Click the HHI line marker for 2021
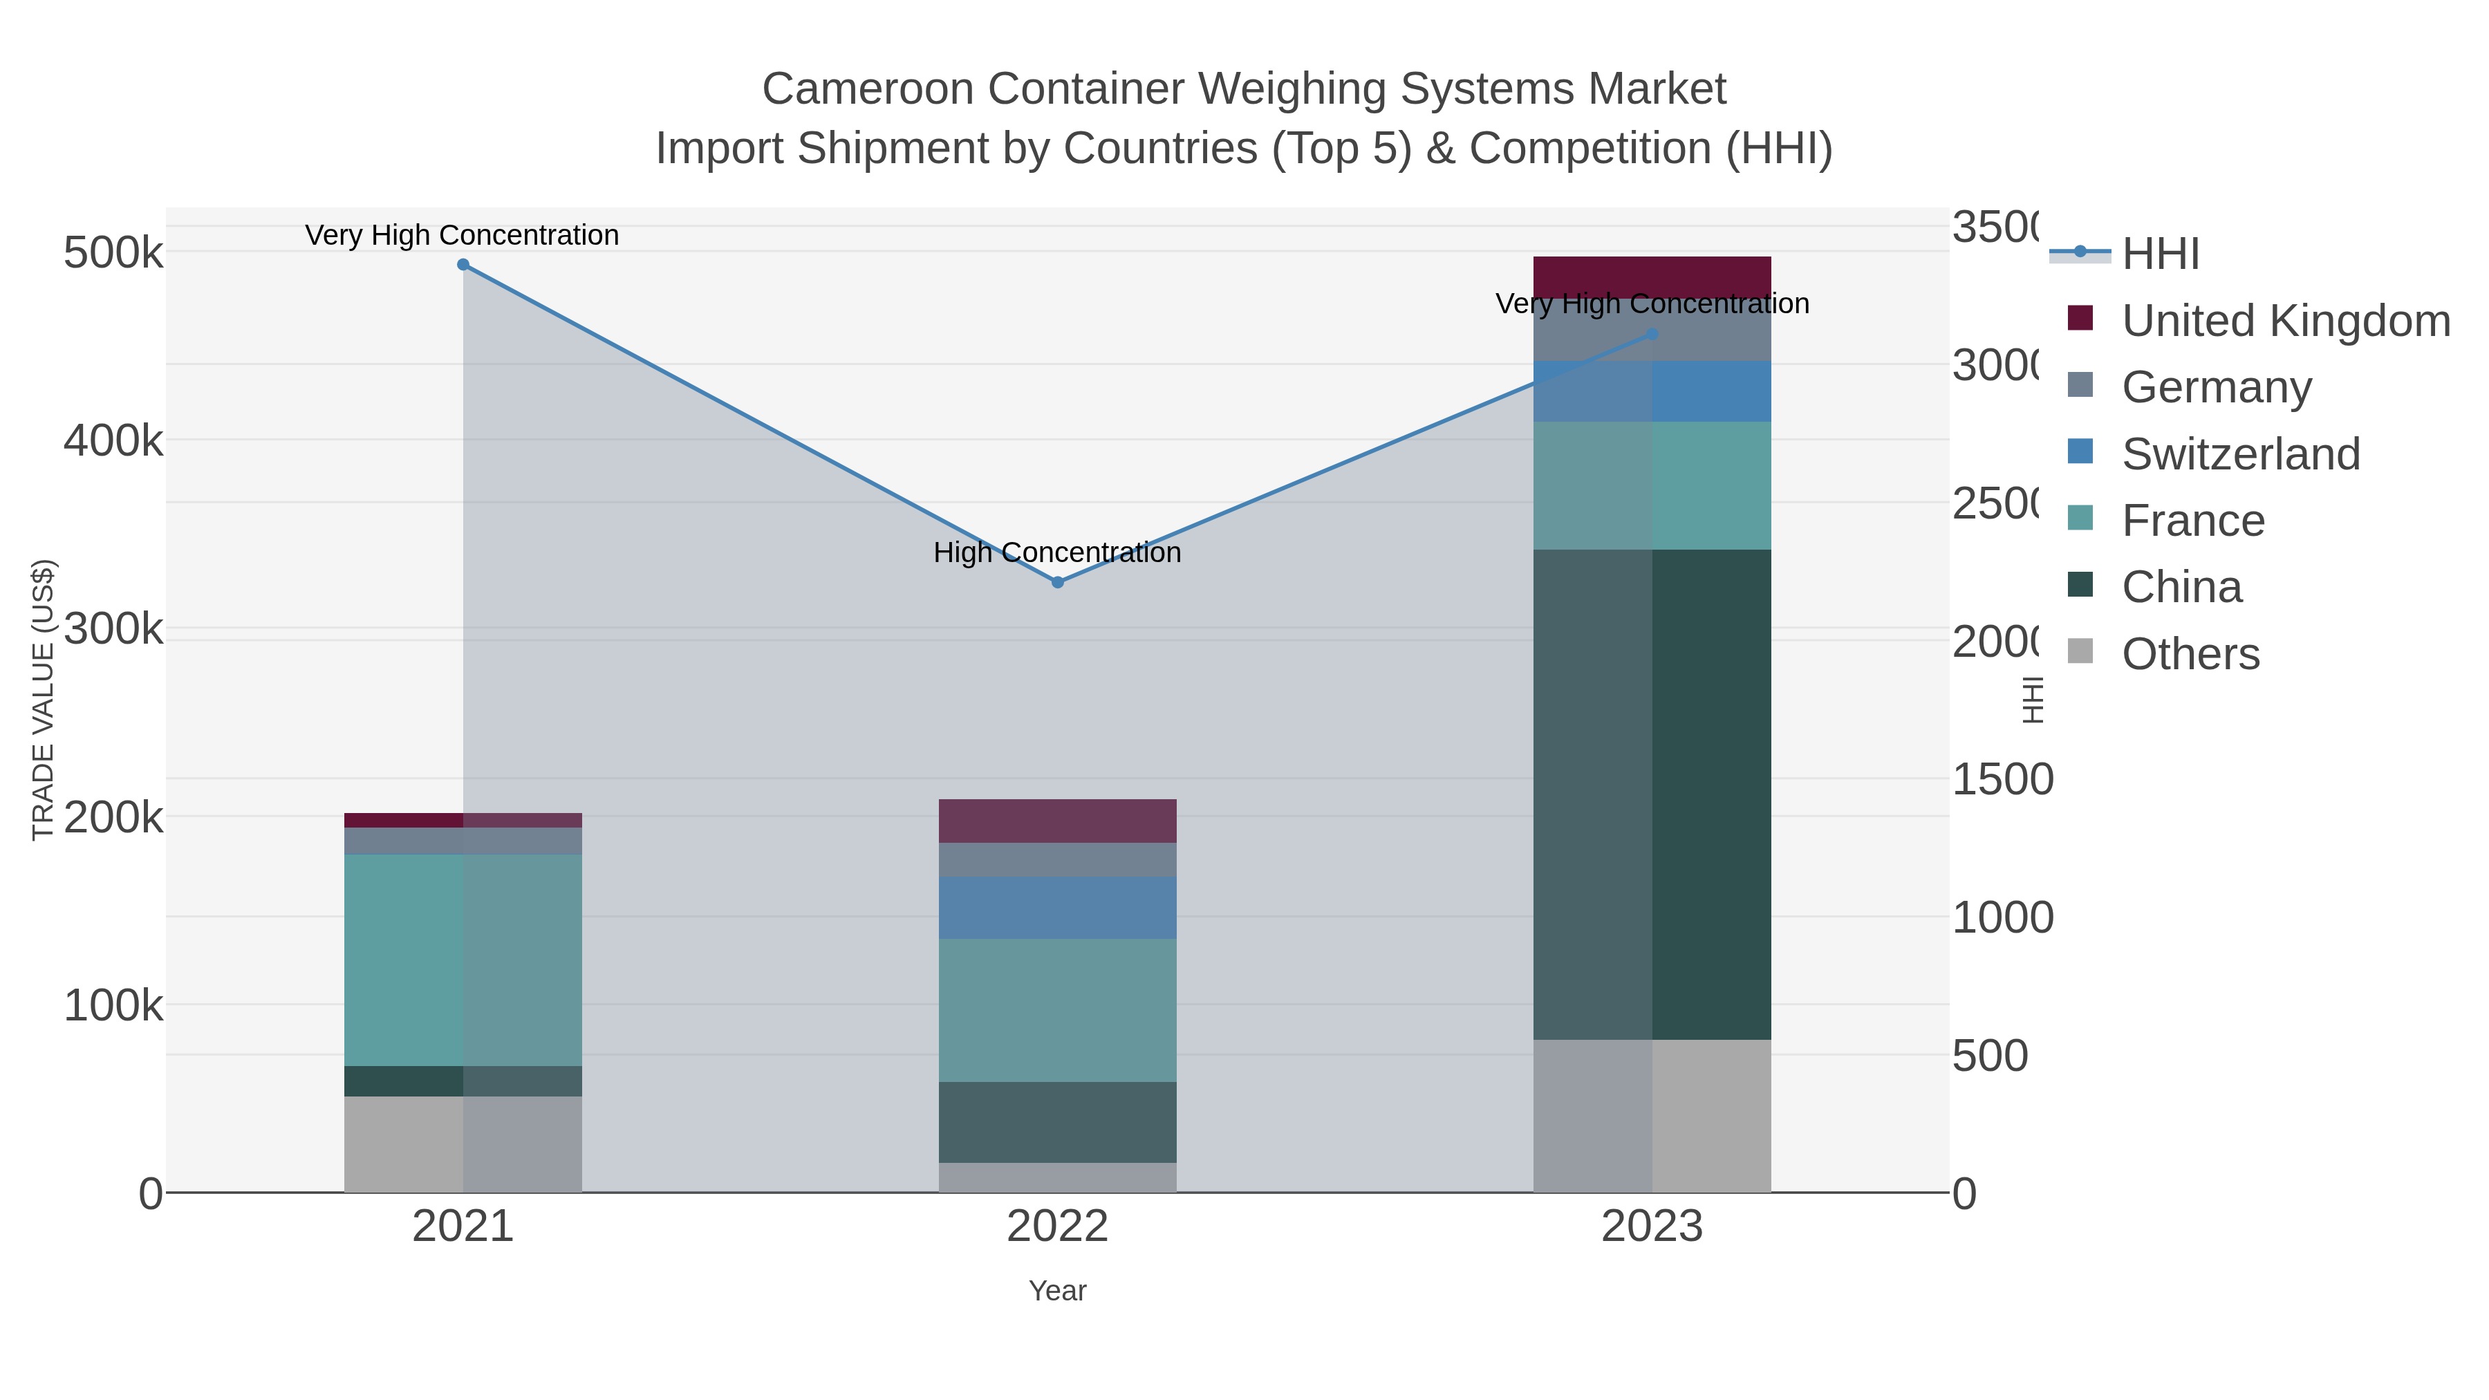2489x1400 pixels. point(463,265)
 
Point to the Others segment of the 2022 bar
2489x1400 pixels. point(1057,1177)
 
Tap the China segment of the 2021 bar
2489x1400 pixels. point(463,1080)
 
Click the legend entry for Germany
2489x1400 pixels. point(2217,387)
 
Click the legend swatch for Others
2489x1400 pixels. point(2080,652)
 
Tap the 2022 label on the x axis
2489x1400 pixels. point(1057,1227)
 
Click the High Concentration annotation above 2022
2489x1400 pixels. point(1057,552)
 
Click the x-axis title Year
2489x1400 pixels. point(1057,1291)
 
